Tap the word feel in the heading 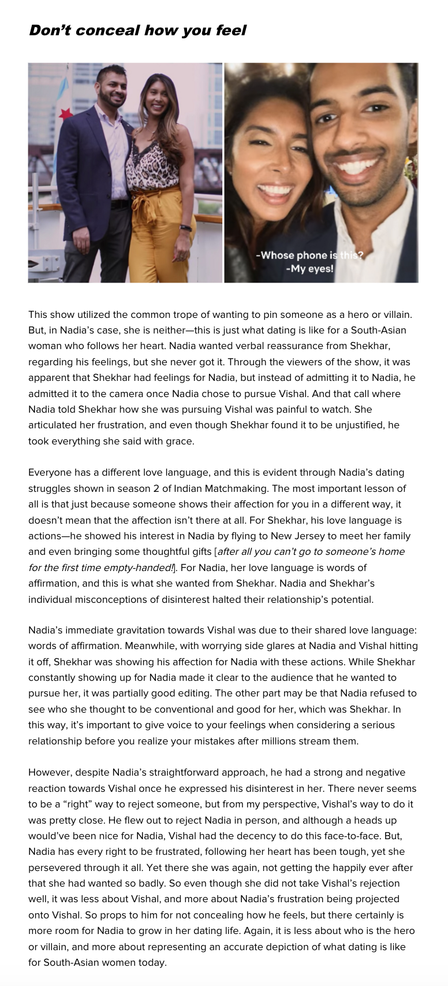230,30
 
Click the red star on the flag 65,113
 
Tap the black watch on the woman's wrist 185,228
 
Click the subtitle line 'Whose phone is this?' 310,255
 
